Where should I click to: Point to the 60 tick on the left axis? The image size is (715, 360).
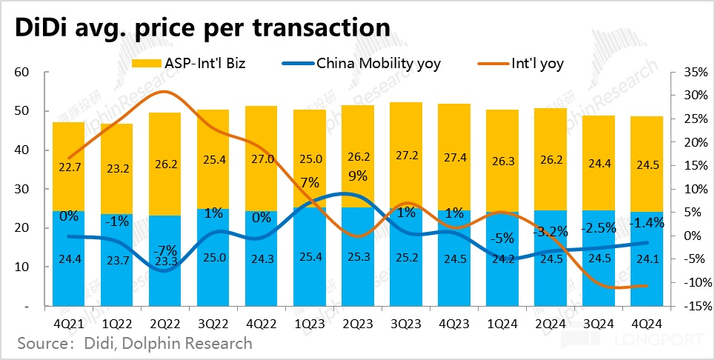[x=21, y=73]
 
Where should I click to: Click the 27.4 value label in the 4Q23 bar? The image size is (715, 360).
[x=455, y=159]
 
